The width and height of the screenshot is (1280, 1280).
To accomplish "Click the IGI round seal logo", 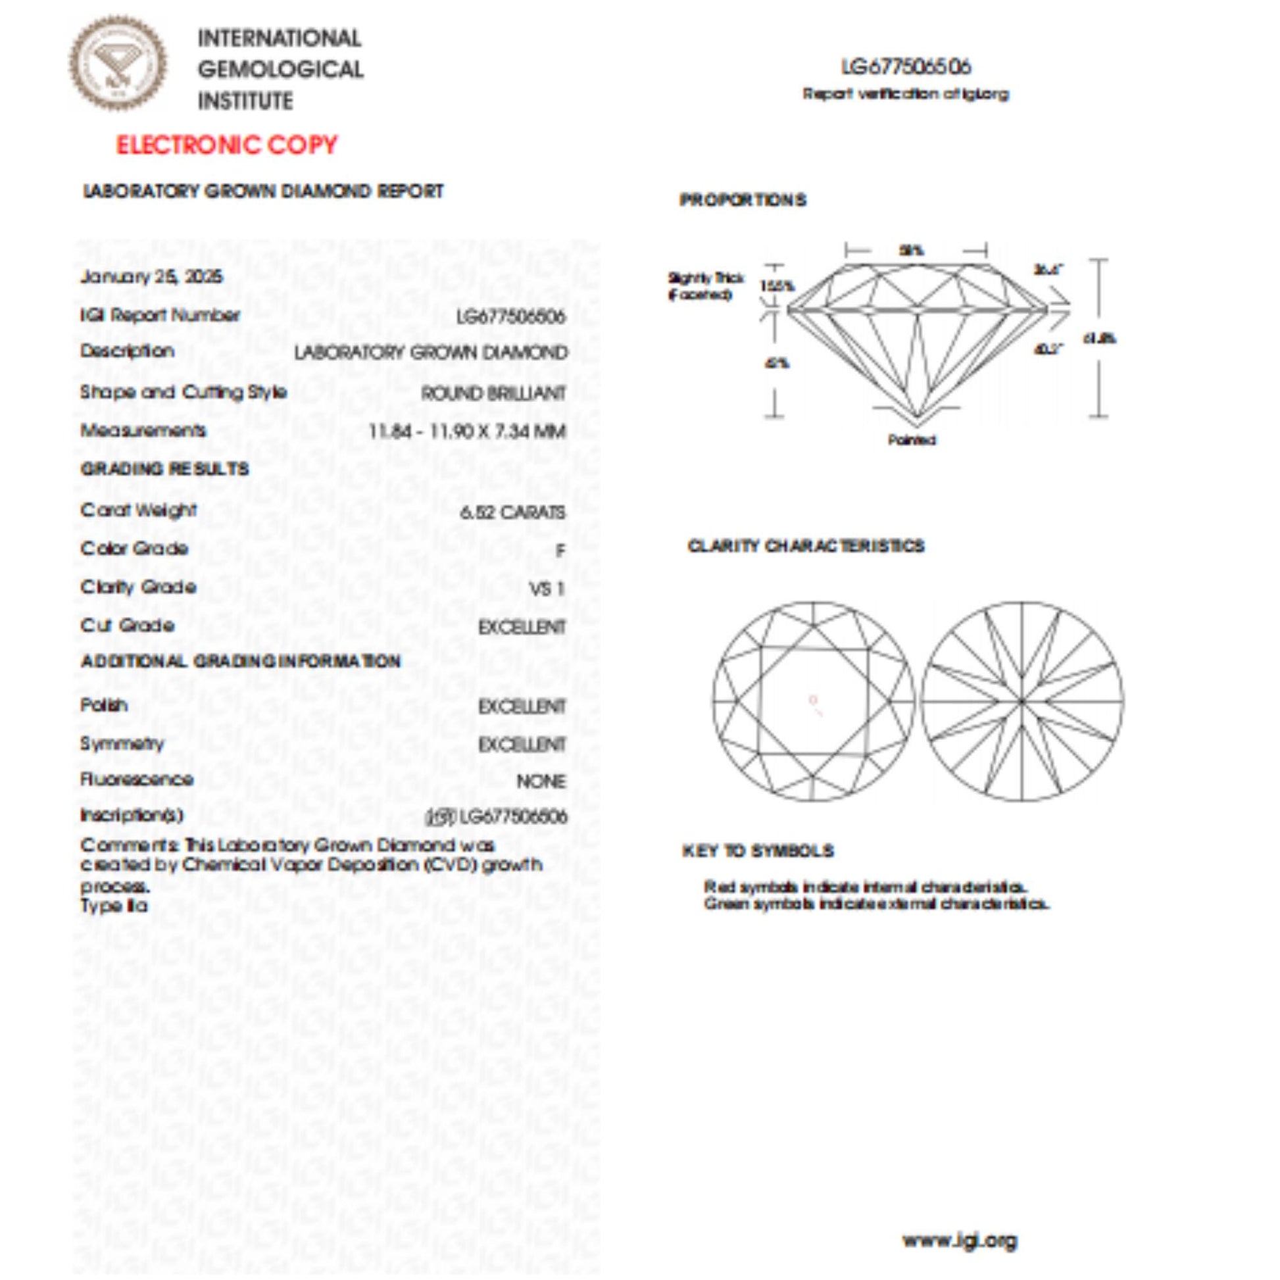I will click(118, 64).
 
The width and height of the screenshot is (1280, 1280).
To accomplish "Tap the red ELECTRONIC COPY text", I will click(226, 145).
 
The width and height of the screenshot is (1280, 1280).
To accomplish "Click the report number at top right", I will click(906, 67).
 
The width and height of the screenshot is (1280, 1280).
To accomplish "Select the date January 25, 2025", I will click(152, 276).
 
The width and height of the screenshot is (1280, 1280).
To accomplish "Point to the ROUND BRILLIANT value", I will click(493, 393).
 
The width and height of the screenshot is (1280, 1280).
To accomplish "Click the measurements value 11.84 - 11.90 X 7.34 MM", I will click(467, 432).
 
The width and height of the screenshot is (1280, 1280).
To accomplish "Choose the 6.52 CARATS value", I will click(513, 512).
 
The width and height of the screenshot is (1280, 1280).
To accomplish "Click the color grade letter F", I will click(560, 551).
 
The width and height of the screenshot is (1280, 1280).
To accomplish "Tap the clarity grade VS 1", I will click(547, 589).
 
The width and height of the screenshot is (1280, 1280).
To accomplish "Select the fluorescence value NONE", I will click(541, 782).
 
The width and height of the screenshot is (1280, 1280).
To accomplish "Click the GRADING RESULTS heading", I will click(164, 469).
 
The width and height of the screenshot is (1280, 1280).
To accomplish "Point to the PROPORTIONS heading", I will click(743, 200).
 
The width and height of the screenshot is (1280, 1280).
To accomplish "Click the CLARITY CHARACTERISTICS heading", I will click(806, 546).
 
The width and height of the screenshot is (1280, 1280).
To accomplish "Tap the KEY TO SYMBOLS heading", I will click(758, 850).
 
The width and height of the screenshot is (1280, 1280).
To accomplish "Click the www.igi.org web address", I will click(959, 1240).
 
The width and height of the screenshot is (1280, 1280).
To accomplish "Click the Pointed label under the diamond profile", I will click(912, 440).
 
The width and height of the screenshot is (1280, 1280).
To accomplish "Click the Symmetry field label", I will click(122, 743).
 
